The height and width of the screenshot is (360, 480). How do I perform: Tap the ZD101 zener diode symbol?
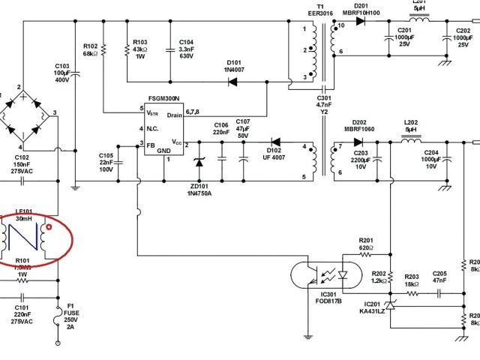pyautogui.click(x=199, y=161)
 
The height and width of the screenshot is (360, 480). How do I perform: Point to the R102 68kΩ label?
pyautogui.click(x=90, y=50)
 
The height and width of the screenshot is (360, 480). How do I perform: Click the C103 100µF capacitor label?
pyautogui.click(x=62, y=72)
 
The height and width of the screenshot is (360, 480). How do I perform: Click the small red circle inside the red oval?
pyautogui.click(x=49, y=226)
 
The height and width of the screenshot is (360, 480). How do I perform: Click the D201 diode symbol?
pyautogui.click(x=361, y=21)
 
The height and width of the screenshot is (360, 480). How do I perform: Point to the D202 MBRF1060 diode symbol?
pyautogui.click(x=358, y=142)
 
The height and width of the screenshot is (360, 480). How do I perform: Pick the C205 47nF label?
pyautogui.click(x=439, y=277)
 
